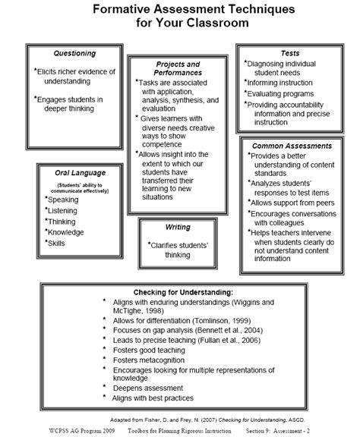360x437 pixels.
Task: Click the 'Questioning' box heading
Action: (75, 53)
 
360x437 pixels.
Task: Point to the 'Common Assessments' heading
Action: (292, 145)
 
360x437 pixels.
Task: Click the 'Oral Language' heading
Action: (74, 173)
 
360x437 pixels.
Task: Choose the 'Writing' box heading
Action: (177, 227)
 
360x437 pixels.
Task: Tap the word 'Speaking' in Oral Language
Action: (63, 199)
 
